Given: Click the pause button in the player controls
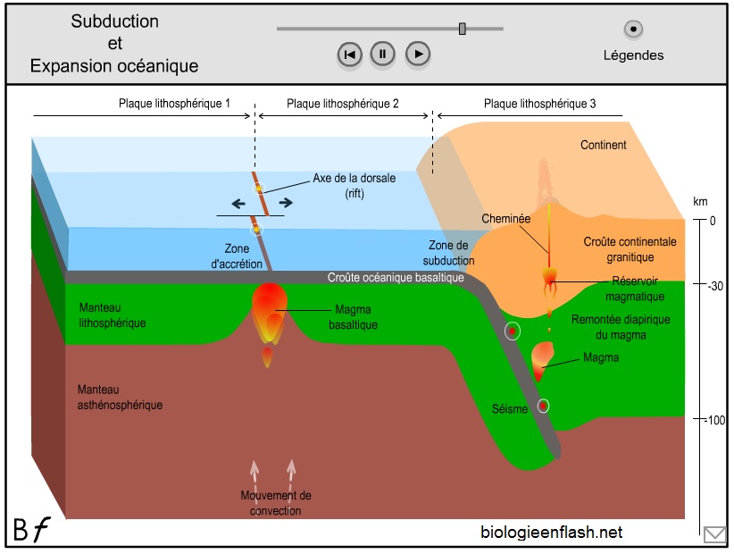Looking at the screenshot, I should [x=382, y=55].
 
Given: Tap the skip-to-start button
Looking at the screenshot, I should [x=349, y=55].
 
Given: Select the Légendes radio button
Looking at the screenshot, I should [x=633, y=29].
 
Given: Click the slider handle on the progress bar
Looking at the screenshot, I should [x=463, y=29].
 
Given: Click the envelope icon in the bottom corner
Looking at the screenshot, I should [x=714, y=534].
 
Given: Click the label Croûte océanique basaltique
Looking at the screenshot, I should [x=396, y=278].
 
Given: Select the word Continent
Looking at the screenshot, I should [x=604, y=145].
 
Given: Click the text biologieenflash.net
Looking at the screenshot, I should [x=551, y=533].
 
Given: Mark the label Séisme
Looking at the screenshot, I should [x=510, y=408].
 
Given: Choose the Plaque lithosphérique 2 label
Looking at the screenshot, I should [x=343, y=104].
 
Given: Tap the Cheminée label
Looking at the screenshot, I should [x=506, y=218].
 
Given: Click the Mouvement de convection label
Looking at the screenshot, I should [x=276, y=503].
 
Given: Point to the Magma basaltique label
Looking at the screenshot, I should [x=355, y=317].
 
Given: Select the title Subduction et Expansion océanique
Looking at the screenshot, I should [x=114, y=44].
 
